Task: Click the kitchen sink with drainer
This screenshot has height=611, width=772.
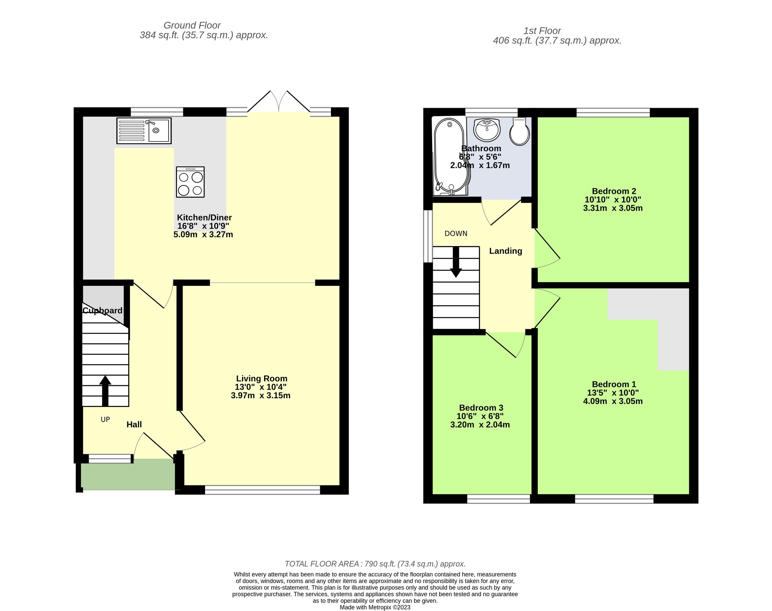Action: pyautogui.click(x=144, y=131)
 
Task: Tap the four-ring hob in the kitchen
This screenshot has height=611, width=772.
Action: pyautogui.click(x=190, y=182)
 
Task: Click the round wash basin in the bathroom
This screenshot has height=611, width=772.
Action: pyautogui.click(x=486, y=130)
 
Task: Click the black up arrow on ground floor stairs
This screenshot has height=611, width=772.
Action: pyautogui.click(x=105, y=391)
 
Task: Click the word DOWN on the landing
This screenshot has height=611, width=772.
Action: pyautogui.click(x=456, y=234)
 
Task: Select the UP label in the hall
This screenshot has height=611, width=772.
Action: pyautogui.click(x=105, y=420)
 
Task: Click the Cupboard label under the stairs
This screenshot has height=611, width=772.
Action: pyautogui.click(x=103, y=311)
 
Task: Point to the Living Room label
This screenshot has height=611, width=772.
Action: pyautogui.click(x=261, y=378)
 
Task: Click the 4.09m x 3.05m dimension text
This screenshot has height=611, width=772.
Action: pyautogui.click(x=613, y=401)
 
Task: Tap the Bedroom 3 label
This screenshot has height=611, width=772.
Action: pyautogui.click(x=481, y=408)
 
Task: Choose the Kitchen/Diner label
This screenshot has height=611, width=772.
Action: pyautogui.click(x=204, y=218)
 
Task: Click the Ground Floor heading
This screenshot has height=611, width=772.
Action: pyautogui.click(x=192, y=25)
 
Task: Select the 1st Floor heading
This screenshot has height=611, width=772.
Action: pyautogui.click(x=542, y=31)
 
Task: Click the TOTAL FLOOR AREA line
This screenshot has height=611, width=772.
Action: pyautogui.click(x=375, y=564)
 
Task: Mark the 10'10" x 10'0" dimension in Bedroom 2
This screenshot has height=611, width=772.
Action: pyautogui.click(x=613, y=200)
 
